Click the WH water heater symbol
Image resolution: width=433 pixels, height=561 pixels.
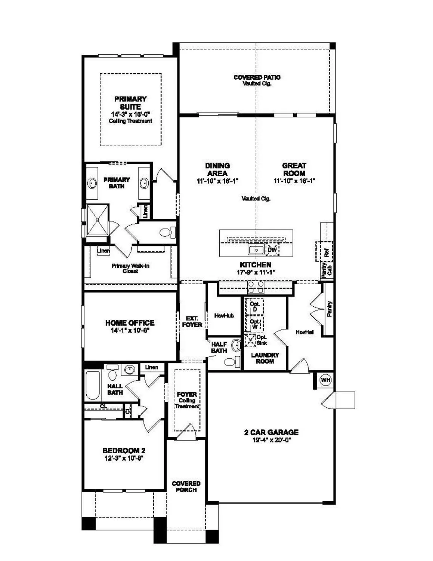tap(325, 380)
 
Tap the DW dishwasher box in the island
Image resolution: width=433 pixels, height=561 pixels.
tap(272, 250)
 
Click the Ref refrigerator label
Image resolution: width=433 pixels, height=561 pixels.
tap(327, 252)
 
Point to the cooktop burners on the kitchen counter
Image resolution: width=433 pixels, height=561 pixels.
tap(256, 287)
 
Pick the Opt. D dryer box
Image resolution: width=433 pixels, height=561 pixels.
tap(255, 307)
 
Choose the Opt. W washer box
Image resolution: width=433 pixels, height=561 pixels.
tap(254, 324)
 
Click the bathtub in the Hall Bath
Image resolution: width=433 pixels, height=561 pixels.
tap(92, 385)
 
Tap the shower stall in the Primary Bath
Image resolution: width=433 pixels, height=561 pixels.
tap(98, 220)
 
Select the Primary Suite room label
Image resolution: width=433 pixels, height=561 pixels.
tap(130, 103)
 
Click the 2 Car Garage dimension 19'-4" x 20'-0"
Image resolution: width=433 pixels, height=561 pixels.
tap(271, 440)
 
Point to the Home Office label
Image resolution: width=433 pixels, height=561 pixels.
tap(130, 323)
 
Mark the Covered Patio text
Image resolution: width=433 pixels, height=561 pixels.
tap(257, 77)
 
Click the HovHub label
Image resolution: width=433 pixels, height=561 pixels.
tap(224, 316)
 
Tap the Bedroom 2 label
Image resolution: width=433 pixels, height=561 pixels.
tap(124, 451)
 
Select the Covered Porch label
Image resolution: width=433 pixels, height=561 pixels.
tap(186, 487)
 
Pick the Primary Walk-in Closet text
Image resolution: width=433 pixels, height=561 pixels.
tap(130, 268)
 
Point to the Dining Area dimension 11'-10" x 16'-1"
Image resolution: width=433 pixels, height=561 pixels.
tap(217, 181)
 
